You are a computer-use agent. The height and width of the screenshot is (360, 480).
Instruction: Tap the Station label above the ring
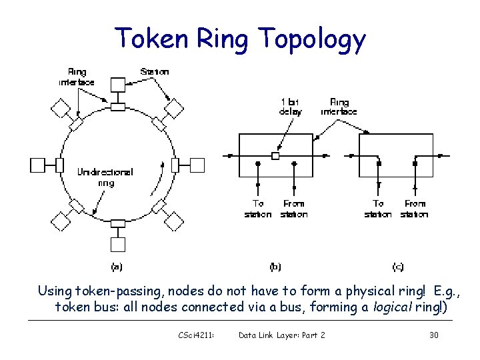click(x=155, y=71)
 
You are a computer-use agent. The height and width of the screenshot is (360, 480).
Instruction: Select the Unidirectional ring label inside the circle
click(x=105, y=177)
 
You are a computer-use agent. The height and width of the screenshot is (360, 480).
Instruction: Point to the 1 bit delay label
click(x=290, y=107)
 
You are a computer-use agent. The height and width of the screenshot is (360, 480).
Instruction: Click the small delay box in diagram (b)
click(x=275, y=156)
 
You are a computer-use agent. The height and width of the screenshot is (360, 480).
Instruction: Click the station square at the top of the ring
click(x=117, y=84)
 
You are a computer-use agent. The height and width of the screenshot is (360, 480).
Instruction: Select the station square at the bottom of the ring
click(x=118, y=245)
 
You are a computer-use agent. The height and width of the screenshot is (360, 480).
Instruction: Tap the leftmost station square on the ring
click(x=38, y=164)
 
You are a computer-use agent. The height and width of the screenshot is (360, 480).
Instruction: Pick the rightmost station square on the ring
click(x=197, y=164)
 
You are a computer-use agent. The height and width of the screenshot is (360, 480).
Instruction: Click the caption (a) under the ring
click(x=117, y=267)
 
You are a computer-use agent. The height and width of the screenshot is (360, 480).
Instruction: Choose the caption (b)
click(x=275, y=267)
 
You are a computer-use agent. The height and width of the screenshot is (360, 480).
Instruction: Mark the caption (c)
click(x=397, y=267)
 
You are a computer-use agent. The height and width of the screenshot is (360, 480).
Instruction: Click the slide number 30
click(x=433, y=335)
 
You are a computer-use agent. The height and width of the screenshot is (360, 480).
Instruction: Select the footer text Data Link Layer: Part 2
click(x=281, y=335)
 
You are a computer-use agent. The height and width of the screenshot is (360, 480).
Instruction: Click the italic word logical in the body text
click(x=374, y=307)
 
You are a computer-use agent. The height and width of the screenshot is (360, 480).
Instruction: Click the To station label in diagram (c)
click(x=378, y=209)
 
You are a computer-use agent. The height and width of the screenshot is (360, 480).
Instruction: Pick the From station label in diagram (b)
click(x=293, y=209)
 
